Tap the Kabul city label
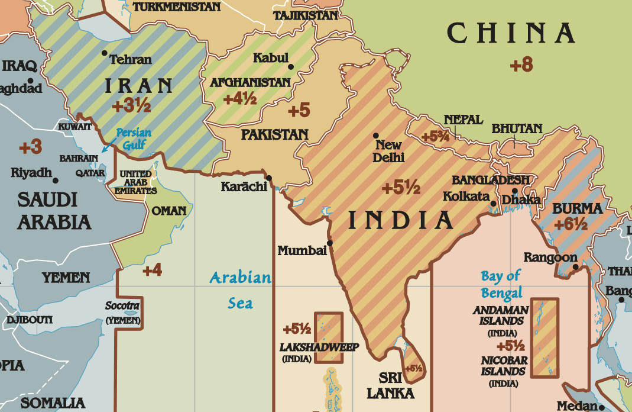tap(270, 58)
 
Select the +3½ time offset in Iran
tap(131, 107)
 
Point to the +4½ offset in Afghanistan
tap(239, 98)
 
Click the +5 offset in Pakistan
tap(299, 110)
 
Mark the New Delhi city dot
tap(376, 136)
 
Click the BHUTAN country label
tap(516, 128)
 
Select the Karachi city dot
tap(269, 178)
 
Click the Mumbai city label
tap(302, 251)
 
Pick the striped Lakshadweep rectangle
tap(328, 337)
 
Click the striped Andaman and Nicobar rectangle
tap(545, 338)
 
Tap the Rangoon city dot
tap(576, 268)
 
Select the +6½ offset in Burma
tap(571, 225)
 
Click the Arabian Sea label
tap(240, 290)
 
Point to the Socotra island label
tap(122, 307)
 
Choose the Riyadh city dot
tap(56, 181)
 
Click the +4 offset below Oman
tap(152, 271)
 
